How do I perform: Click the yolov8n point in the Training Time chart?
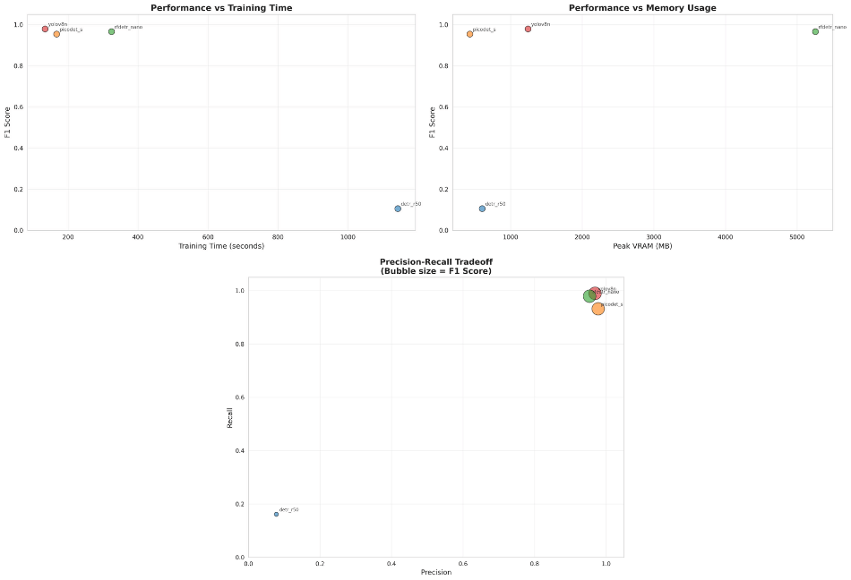point(45,29)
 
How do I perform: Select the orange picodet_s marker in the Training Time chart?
point(56,34)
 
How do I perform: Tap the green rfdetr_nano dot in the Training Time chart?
point(111,31)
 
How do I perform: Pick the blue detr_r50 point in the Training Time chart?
point(398,209)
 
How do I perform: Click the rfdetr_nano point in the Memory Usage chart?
point(815,31)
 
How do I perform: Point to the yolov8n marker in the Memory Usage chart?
point(528,29)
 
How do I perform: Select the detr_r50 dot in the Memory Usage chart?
point(482,209)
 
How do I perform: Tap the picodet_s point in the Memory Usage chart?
point(469,34)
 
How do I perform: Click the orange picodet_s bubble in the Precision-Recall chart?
point(598,309)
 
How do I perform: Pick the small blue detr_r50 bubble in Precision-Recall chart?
point(276,514)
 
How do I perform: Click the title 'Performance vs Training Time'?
point(221,7)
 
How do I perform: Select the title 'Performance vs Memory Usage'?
point(641,7)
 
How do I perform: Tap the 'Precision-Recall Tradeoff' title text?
point(435,261)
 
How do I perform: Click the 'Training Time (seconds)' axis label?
point(221,246)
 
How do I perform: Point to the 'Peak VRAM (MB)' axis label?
point(641,246)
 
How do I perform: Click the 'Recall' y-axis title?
point(230,418)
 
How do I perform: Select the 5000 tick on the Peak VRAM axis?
point(797,237)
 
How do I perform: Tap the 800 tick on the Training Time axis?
point(278,237)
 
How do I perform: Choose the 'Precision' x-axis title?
point(435,573)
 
